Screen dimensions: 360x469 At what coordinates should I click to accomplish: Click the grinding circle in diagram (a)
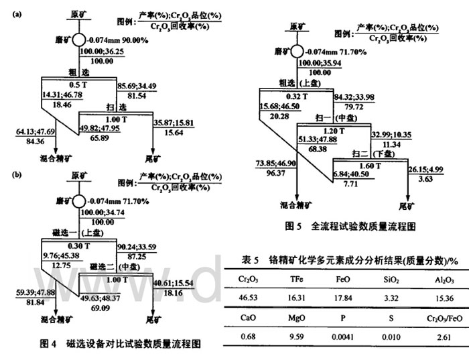[79, 40]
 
